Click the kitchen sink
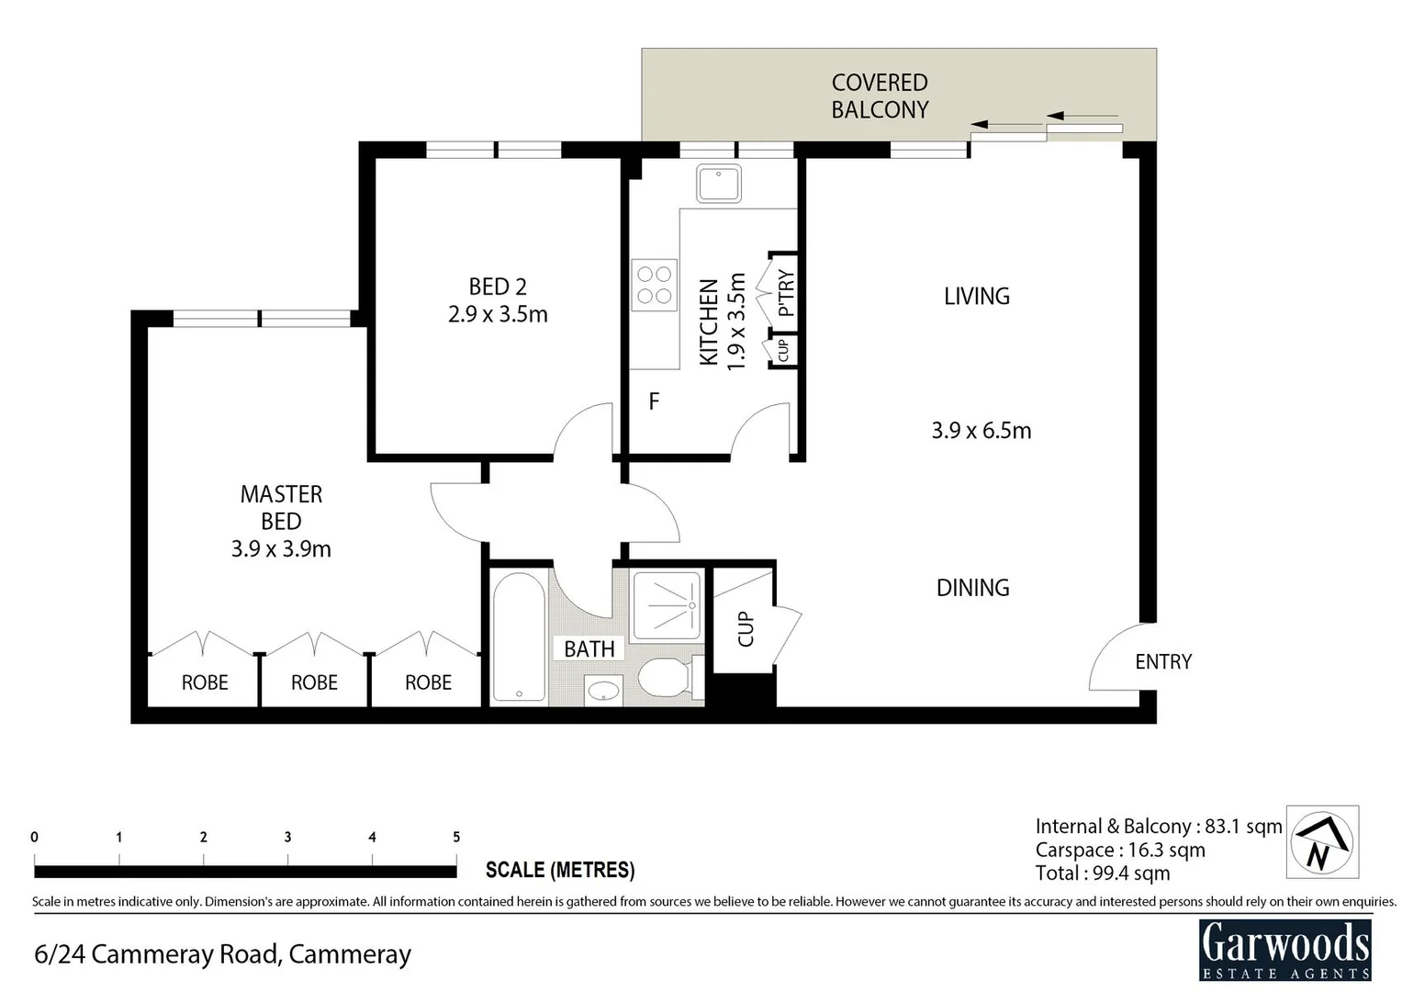(x=718, y=184)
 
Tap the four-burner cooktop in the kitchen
(x=654, y=285)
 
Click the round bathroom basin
(x=602, y=691)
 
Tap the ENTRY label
(x=1162, y=661)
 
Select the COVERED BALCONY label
(x=880, y=96)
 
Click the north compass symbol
(x=1321, y=842)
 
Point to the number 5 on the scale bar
(x=456, y=837)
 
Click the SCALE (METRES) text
(x=560, y=870)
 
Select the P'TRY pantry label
(x=786, y=293)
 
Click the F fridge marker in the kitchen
(x=654, y=401)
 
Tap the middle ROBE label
(x=314, y=682)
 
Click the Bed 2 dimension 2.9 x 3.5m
(x=498, y=314)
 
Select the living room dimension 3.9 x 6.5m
(x=981, y=430)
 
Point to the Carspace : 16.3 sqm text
(x=1119, y=851)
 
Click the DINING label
(x=972, y=588)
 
